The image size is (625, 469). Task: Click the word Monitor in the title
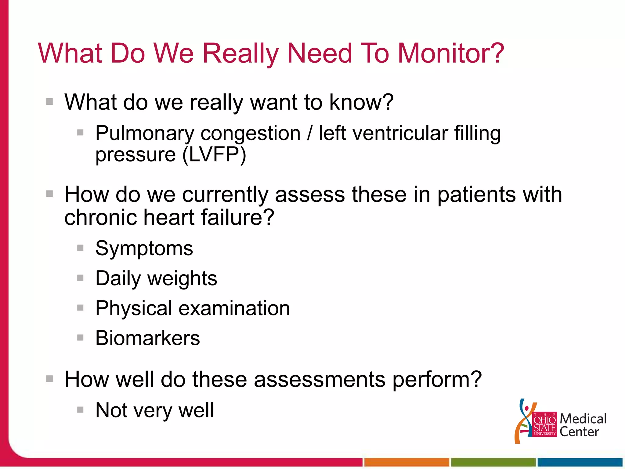(x=451, y=53)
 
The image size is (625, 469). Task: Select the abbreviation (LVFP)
(x=214, y=155)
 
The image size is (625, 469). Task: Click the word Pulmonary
(x=145, y=134)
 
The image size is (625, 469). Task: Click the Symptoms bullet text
(x=144, y=249)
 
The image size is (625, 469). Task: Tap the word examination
(x=234, y=308)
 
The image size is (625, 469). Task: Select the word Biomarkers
(x=147, y=338)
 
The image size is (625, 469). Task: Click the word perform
(x=437, y=380)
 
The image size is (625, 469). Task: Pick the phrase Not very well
(x=154, y=410)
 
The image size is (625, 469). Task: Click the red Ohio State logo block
(x=544, y=425)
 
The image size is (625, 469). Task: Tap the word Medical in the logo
(x=583, y=419)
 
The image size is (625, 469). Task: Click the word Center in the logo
(x=579, y=432)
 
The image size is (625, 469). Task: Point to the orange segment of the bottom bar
(x=406, y=462)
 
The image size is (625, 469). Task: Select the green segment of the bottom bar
(x=493, y=462)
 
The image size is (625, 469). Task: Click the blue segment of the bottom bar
(x=580, y=462)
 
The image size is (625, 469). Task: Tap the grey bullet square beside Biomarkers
(x=80, y=337)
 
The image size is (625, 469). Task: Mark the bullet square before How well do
(x=49, y=379)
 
